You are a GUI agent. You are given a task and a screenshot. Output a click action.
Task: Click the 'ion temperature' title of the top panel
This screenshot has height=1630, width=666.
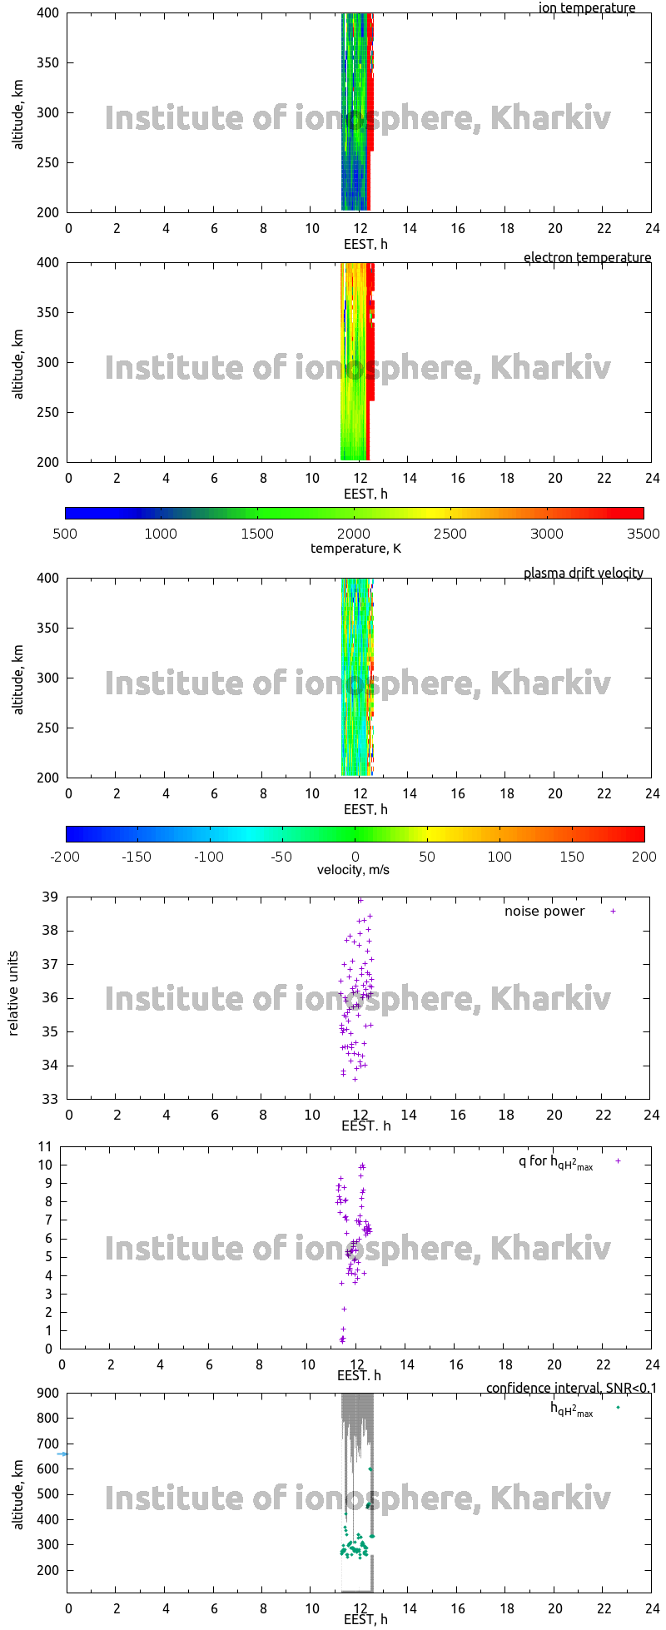(x=587, y=8)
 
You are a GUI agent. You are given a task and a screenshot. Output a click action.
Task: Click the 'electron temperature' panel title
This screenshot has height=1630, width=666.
(x=587, y=258)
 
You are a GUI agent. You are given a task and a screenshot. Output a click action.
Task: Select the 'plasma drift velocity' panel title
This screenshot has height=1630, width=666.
(x=583, y=574)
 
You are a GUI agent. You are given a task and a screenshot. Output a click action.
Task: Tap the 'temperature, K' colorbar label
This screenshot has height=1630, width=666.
(x=355, y=549)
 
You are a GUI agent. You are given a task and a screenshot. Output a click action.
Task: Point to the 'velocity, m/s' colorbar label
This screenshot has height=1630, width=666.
(x=353, y=870)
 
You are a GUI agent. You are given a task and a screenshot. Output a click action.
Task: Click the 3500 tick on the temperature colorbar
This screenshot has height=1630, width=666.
(x=643, y=534)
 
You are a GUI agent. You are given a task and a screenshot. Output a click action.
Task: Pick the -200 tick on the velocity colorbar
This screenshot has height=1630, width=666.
(x=64, y=857)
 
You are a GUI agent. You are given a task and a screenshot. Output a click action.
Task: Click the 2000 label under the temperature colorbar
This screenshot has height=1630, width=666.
(x=353, y=534)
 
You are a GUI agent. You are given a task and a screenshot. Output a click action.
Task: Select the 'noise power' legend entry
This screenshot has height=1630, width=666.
(x=544, y=912)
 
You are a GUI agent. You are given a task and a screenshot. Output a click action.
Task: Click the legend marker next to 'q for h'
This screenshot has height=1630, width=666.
(x=618, y=1160)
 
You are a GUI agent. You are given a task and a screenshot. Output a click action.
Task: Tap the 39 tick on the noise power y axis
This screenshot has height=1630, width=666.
(x=49, y=897)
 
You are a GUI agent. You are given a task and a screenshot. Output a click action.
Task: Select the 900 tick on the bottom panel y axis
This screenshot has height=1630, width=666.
(x=48, y=1393)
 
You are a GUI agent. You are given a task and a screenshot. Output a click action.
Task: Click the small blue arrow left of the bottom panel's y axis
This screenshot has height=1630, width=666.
(x=62, y=1454)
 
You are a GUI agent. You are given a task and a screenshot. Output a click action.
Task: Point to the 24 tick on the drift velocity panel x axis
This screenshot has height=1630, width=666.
(x=651, y=794)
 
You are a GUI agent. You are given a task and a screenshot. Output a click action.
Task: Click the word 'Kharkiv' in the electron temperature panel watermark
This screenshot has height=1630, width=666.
(x=550, y=367)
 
